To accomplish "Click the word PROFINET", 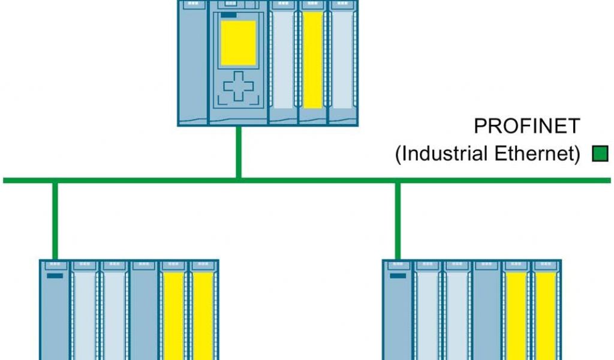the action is pyautogui.click(x=527, y=126).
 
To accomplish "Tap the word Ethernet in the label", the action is pyautogui.click(x=537, y=154).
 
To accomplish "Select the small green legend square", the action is pyautogui.click(x=600, y=154).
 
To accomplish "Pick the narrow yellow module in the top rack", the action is pyautogui.click(x=312, y=60).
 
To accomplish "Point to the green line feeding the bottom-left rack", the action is pyautogui.click(x=55, y=220).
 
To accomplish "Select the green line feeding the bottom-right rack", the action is pyautogui.click(x=397, y=220).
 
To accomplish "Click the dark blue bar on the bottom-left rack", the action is pyautogui.click(x=55, y=276).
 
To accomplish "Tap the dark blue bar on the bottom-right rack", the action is pyautogui.click(x=398, y=276).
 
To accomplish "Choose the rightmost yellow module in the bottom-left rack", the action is pyautogui.click(x=203, y=318).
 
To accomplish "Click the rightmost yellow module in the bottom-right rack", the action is pyautogui.click(x=546, y=318).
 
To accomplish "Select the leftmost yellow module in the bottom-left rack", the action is pyautogui.click(x=173, y=318).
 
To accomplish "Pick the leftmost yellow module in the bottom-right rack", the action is pyautogui.click(x=516, y=318).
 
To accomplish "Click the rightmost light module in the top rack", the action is pyautogui.click(x=343, y=60).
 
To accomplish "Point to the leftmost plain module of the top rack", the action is pyautogui.click(x=192, y=60).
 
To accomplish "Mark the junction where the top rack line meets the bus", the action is pyautogui.click(x=239, y=179).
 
